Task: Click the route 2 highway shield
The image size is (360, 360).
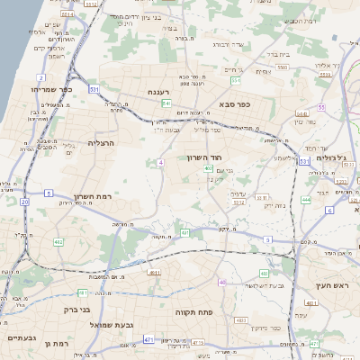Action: (x=41, y=78)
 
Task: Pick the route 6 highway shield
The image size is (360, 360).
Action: (x=329, y=210)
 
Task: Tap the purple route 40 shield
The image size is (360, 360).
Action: (x=222, y=283)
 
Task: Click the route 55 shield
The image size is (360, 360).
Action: (x=320, y=107)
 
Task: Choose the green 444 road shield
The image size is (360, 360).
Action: (x=305, y=201)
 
